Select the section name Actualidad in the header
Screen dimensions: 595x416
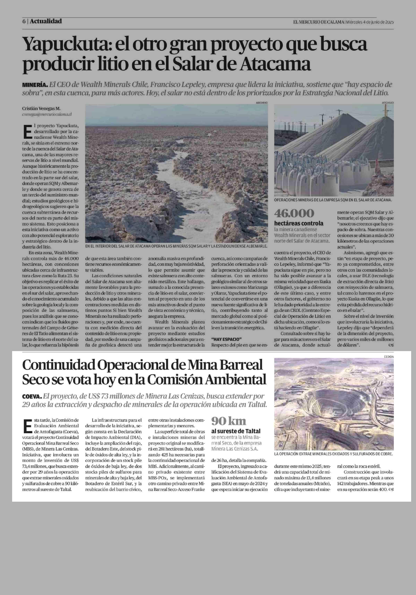(x=46, y=21)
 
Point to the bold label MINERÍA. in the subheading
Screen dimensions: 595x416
(x=35, y=85)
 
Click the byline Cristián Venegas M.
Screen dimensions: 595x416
(x=41, y=109)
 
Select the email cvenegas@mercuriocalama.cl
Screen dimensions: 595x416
(x=47, y=114)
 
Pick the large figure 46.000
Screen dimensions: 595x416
(x=294, y=213)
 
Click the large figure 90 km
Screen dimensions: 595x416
(x=229, y=421)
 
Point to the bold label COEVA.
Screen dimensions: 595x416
(x=32, y=397)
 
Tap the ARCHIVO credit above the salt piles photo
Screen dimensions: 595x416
(x=388, y=103)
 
